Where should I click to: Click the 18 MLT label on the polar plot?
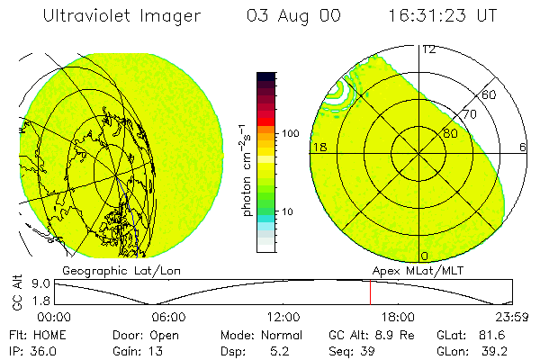coord(319,147)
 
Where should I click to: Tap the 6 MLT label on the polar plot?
coord(523,147)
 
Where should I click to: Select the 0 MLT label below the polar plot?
coord(425,256)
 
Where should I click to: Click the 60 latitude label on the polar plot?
coord(490,94)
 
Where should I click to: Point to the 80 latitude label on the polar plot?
coord(450,134)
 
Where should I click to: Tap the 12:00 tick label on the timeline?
coord(283,316)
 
